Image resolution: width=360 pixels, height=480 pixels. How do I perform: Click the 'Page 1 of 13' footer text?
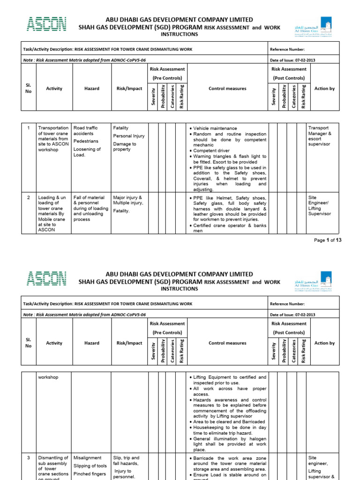327,240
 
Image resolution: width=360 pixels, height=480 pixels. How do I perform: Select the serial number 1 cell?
29,128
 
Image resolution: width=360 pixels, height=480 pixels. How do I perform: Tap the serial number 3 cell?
29,458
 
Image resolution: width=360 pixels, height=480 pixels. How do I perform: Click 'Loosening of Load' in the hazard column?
87,152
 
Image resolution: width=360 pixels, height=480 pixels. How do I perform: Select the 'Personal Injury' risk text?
129,136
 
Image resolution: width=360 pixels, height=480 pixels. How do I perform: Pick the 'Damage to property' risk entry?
125,147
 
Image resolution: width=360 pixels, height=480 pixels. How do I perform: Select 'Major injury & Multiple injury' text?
128,200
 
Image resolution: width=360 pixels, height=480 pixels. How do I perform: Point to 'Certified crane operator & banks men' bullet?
229,228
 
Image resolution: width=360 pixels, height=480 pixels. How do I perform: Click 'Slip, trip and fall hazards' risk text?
126,461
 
